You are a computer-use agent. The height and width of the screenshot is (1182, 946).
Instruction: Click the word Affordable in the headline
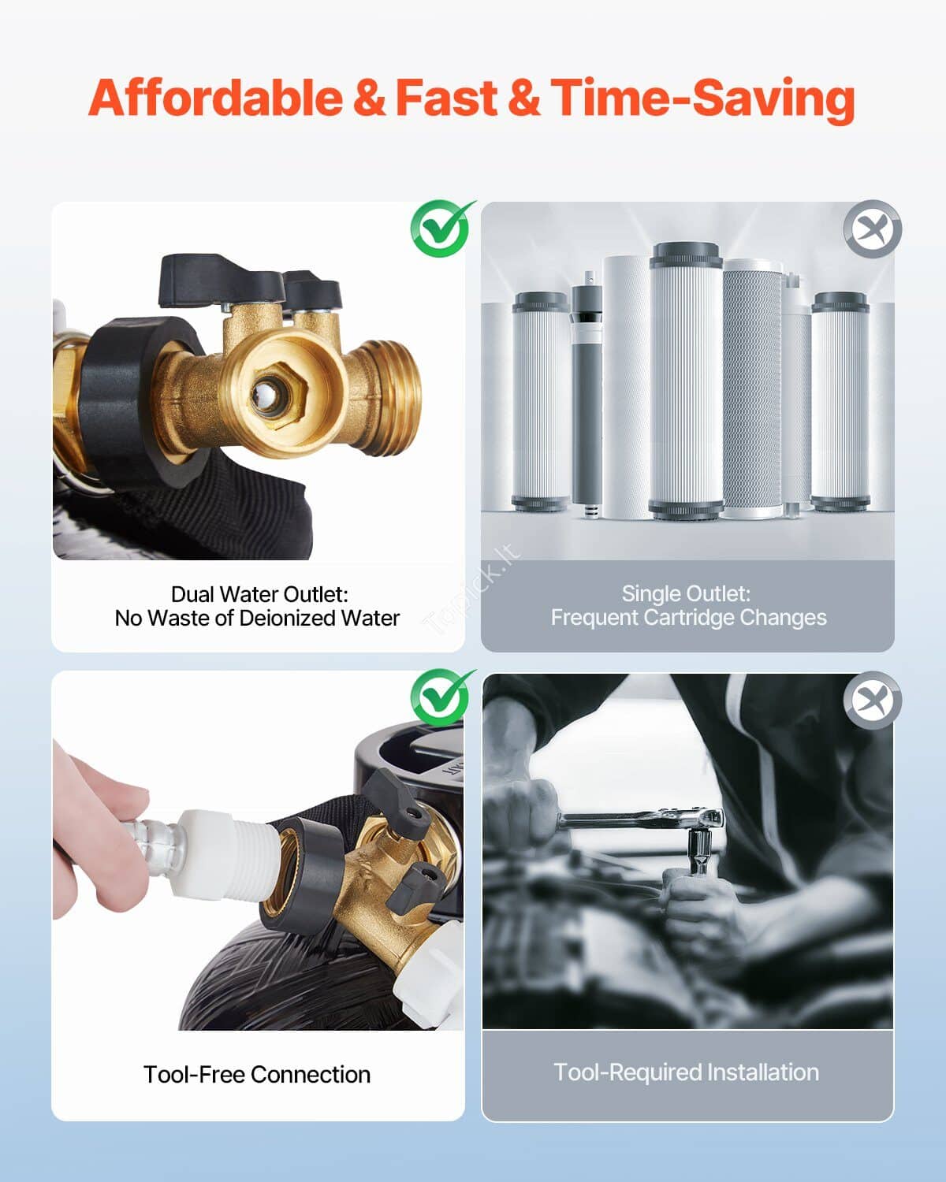pos(215,98)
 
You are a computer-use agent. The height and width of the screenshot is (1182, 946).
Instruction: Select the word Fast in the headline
pos(446,98)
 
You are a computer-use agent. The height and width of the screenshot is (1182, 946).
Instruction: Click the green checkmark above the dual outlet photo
pos(441,229)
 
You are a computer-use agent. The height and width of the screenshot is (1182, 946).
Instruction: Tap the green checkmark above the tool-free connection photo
pos(441,697)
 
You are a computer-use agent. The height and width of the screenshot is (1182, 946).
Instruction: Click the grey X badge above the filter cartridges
pos(873,229)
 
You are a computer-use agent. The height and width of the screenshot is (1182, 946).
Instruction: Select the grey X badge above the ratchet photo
pos(873,700)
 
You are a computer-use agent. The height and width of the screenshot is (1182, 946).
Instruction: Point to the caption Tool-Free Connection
pos(257,1074)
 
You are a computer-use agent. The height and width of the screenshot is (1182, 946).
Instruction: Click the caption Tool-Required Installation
pos(687,1072)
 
